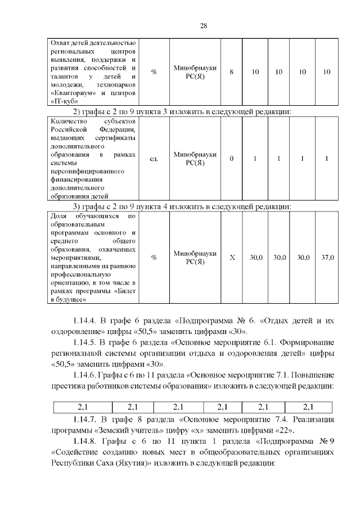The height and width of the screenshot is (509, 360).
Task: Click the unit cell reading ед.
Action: (x=153, y=159)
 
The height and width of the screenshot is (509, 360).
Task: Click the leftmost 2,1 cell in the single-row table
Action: (x=83, y=407)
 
